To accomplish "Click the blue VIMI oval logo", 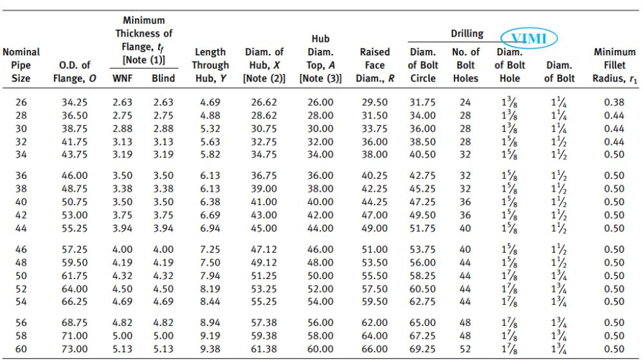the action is (529, 38).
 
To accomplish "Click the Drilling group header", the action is (467, 33).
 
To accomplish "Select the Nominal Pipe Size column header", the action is (21, 65).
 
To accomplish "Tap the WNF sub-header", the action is (122, 78).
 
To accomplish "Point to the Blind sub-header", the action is (163, 78).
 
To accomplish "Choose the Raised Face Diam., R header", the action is (375, 65).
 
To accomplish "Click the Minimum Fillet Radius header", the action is (615, 65).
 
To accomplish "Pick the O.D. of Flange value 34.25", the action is (75, 102).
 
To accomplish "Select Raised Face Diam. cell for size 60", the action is (374, 349).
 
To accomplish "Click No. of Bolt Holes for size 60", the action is (465, 349).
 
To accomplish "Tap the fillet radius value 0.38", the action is (614, 102).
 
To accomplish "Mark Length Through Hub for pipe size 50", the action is (210, 276).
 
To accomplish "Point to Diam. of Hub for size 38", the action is (264, 188).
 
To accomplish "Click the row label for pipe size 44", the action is (21, 228).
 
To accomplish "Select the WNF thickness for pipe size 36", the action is (122, 175).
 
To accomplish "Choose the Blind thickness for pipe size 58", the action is (163, 336).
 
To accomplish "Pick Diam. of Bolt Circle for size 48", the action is (422, 262).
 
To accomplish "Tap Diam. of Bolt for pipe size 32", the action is (559, 142).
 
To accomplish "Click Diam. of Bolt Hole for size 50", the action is (509, 276).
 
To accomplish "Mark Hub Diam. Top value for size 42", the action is (320, 215).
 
